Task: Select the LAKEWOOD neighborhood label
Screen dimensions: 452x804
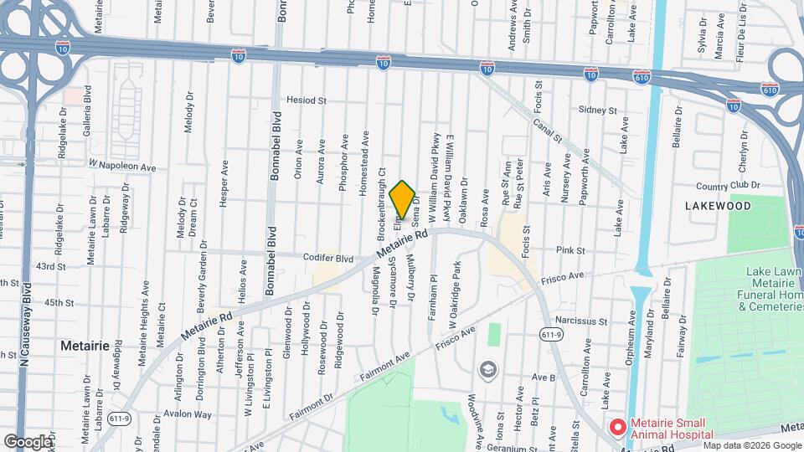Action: pyautogui.click(x=718, y=205)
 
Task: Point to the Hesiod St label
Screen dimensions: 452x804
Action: pyautogui.click(x=306, y=100)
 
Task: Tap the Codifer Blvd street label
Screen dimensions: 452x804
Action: pyautogui.click(x=333, y=259)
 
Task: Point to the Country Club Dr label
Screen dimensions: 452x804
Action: pyautogui.click(x=727, y=185)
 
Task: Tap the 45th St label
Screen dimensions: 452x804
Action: pyautogui.click(x=54, y=302)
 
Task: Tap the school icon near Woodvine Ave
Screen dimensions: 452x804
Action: pyautogui.click(x=487, y=369)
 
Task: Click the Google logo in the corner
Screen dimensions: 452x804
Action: pyautogui.click(x=28, y=441)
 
